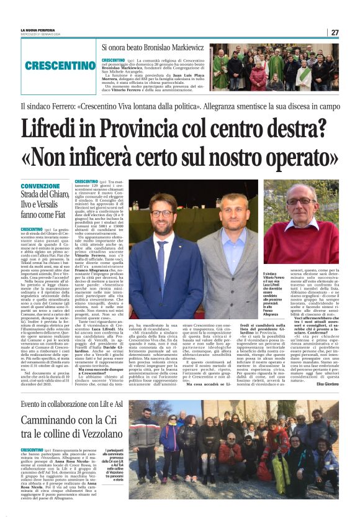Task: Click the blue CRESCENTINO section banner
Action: pos(53,65)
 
